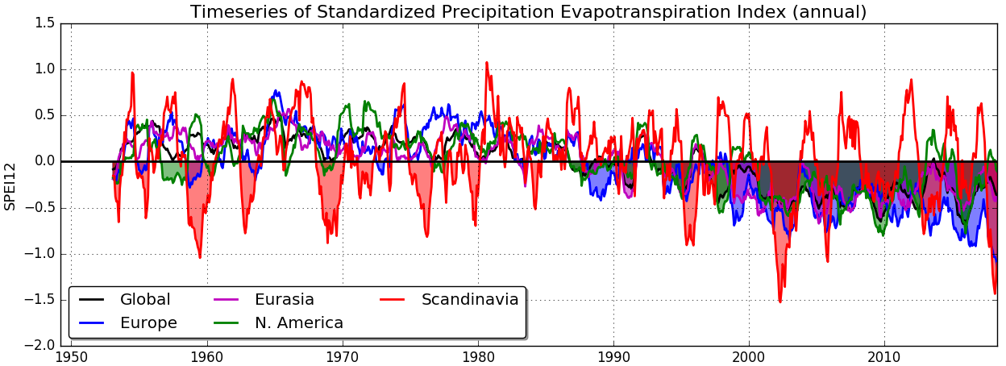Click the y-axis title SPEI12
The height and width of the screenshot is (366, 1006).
click(10, 185)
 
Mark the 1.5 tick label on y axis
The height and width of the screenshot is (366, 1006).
click(46, 23)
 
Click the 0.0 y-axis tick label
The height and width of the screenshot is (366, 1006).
click(46, 161)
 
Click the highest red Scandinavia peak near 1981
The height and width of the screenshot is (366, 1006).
click(486, 62)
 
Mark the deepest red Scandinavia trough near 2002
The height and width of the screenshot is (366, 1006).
click(779, 302)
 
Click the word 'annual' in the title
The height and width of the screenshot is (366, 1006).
click(834, 12)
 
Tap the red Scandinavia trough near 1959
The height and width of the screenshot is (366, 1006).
click(200, 257)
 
